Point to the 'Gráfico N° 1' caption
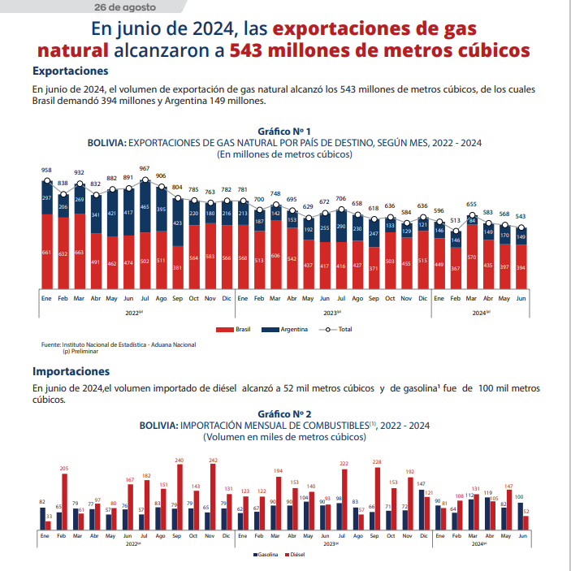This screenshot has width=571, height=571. [284, 131]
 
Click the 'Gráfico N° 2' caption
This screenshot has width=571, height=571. [284, 413]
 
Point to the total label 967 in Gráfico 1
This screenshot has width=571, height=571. [145, 169]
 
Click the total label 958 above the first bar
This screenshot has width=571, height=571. [47, 171]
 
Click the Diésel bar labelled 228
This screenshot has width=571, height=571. [377, 499]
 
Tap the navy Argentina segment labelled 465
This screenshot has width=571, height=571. [145, 207]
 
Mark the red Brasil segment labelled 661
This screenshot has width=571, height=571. [47, 253]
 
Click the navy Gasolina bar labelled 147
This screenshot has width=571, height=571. [420, 508]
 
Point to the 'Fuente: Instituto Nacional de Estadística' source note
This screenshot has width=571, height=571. [118, 344]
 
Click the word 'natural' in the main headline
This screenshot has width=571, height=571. [73, 50]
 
